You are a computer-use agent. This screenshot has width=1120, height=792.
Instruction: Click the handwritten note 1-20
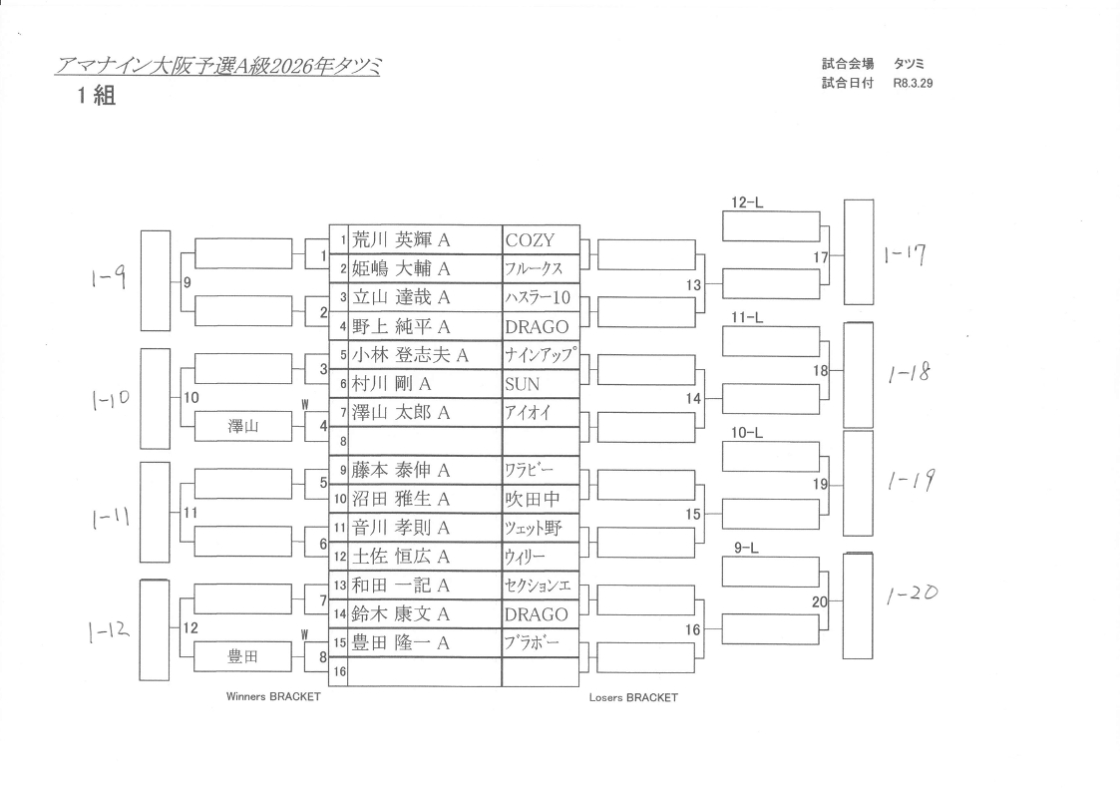coord(911,594)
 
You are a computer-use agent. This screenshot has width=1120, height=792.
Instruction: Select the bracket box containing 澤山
coord(243,426)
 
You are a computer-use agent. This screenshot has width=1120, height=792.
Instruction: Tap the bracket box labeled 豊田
coord(243,655)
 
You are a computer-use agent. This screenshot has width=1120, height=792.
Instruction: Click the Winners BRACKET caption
coord(273,697)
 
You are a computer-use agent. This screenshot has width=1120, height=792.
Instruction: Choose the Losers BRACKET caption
coord(633,698)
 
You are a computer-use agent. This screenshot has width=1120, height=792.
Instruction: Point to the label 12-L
coord(747,202)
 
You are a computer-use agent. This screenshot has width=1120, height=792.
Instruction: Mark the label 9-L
coord(747,548)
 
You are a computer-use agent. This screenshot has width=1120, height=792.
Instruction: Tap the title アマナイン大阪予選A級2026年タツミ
coord(218,66)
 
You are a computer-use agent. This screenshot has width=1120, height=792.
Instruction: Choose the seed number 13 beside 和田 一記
coord(339,586)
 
